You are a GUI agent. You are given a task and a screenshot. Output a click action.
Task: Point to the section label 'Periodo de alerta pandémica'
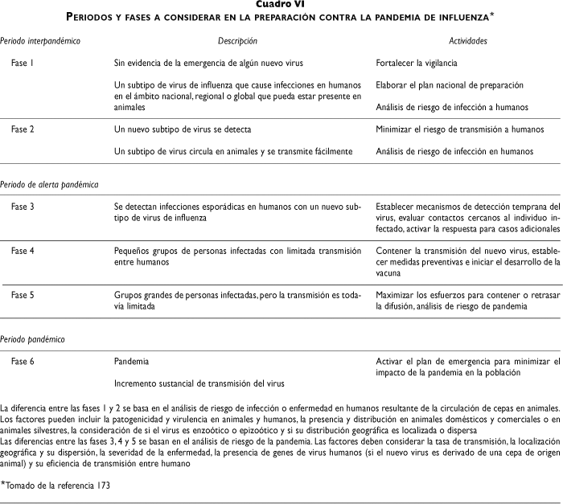pyautogui.click(x=50, y=184)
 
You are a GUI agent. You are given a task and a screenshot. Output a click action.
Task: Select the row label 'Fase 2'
pyautogui.click(x=23, y=129)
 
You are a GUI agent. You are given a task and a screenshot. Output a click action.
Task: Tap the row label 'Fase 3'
pyautogui.click(x=23, y=207)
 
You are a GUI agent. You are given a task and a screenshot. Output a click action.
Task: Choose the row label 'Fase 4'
pyautogui.click(x=23, y=251)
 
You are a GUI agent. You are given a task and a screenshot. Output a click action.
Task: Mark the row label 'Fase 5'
pyautogui.click(x=23, y=295)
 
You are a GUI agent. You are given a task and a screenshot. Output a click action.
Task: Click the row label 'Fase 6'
pyautogui.click(x=23, y=362)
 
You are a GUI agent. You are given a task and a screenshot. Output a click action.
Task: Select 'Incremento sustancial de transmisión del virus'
pyautogui.click(x=199, y=383)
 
